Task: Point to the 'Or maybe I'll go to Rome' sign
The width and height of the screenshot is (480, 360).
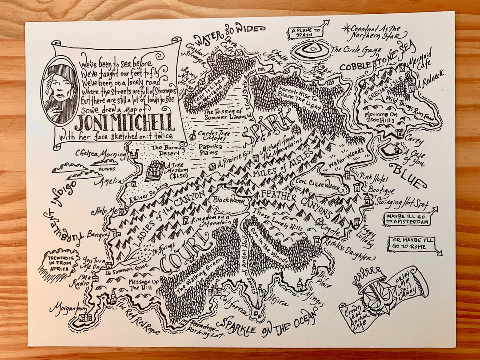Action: tap(412, 244)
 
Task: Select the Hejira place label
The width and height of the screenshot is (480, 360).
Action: tap(276, 302)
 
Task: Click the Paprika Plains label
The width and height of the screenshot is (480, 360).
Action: tap(214, 150)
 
